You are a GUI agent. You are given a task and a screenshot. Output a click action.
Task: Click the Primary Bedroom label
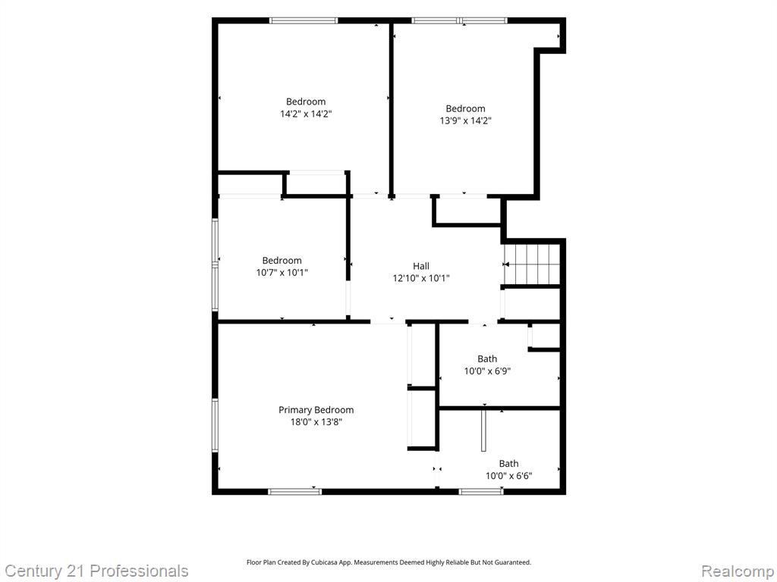tap(316, 410)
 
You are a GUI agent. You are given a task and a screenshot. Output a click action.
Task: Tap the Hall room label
tap(421, 266)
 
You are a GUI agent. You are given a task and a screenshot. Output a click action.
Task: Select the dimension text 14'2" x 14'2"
tap(306, 114)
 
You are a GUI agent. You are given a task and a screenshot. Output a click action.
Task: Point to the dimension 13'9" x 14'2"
tap(465, 120)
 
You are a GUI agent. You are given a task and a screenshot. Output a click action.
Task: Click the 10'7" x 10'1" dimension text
tap(282, 272)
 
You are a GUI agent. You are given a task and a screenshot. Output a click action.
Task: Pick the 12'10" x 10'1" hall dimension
tap(421, 278)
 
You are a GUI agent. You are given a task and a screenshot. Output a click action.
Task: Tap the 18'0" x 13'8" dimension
tap(316, 422)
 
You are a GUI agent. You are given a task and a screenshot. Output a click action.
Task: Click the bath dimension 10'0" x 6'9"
tap(487, 371)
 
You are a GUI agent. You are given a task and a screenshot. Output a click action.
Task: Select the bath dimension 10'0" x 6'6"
tap(509, 476)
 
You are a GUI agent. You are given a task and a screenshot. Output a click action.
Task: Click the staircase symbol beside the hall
tap(532, 264)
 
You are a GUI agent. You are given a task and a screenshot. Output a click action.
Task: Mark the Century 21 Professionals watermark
tap(96, 571)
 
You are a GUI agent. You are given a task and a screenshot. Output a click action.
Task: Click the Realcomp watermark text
tap(738, 571)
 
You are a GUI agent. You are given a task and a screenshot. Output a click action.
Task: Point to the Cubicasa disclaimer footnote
tap(389, 562)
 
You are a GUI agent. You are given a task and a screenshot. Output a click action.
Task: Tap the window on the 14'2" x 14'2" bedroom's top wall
tap(304, 20)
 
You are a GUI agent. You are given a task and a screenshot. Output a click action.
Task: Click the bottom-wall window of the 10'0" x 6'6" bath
tap(481, 491)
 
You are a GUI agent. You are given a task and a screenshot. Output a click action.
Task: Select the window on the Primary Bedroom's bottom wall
tap(295, 491)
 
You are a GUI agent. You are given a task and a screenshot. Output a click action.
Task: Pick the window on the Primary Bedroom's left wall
tap(215, 425)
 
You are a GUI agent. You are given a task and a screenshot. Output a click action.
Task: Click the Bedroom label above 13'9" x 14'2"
tap(465, 108)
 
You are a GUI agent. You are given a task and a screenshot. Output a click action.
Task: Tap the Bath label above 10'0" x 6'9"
tap(487, 358)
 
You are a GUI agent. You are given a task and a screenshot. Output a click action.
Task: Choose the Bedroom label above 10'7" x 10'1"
tap(282, 261)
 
